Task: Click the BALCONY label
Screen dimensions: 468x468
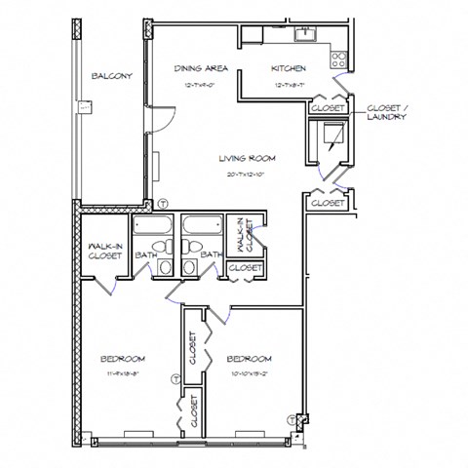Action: tap(112, 76)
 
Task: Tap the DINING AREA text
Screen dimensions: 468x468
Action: tap(202, 69)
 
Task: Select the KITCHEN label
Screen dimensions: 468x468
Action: tap(289, 69)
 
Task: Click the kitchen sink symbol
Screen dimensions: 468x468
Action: tap(304, 36)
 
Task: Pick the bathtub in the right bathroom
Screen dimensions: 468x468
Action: tap(200, 227)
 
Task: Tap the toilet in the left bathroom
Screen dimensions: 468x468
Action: tap(167, 265)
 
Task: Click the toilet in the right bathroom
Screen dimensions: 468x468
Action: tap(189, 265)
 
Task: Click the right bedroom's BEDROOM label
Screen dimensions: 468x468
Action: tap(249, 359)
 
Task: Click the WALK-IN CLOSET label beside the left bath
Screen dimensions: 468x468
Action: tap(104, 252)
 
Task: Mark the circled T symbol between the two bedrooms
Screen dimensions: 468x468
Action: tap(175, 378)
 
